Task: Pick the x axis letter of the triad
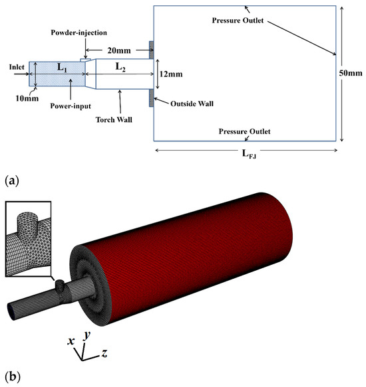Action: pos(71,341)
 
